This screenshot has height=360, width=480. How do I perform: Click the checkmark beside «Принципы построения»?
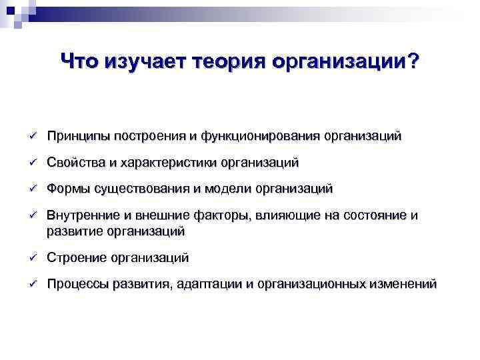[x=31, y=137]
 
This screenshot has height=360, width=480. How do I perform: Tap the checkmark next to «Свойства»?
[x=31, y=163]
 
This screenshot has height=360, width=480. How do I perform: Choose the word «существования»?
[x=140, y=189]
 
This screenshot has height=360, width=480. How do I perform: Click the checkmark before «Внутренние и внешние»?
[x=31, y=216]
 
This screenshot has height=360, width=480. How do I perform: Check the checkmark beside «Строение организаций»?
[x=31, y=258]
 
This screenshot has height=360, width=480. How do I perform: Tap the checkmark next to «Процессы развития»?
[x=31, y=285]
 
